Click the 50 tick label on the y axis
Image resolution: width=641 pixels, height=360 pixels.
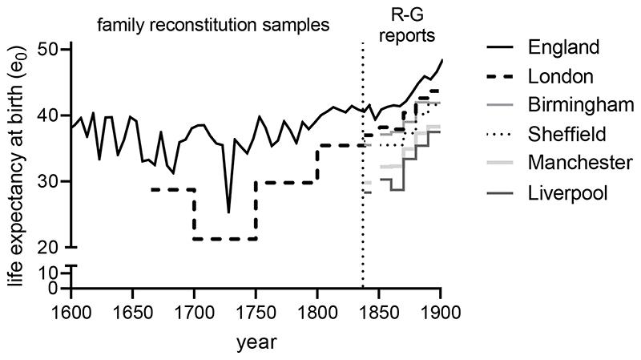click(x=50, y=50)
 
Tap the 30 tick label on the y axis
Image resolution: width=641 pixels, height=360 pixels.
click(x=50, y=181)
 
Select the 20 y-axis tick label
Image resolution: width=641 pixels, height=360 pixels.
click(x=50, y=247)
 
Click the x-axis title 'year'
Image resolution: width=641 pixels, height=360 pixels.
click(x=256, y=342)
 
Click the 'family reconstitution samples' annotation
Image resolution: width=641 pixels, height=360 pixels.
click(x=214, y=25)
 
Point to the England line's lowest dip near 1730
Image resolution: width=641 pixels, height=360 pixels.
click(x=228, y=212)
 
